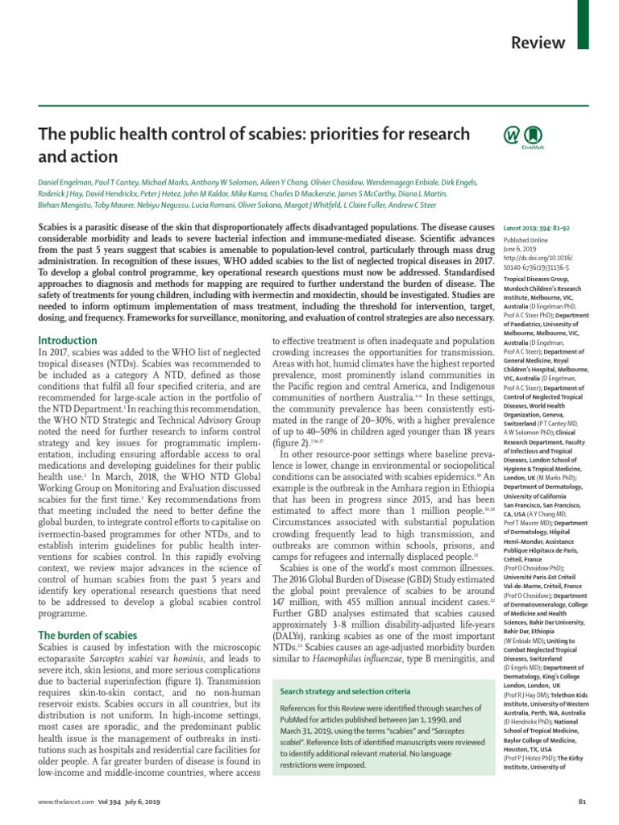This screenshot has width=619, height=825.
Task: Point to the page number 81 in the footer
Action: (585, 802)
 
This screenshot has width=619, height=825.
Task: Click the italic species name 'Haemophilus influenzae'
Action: (362, 661)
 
